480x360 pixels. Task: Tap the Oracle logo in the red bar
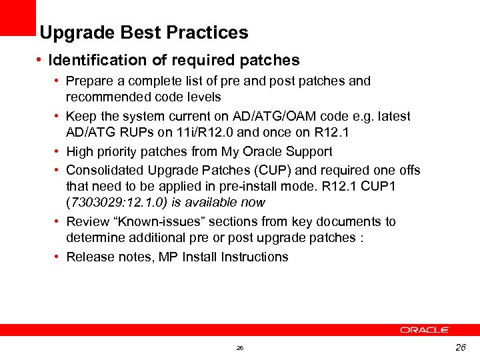tap(425, 329)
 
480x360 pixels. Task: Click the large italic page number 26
tap(460, 347)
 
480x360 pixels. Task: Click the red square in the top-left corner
tap(17, 17)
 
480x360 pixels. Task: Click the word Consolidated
tap(105, 170)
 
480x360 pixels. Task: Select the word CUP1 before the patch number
tap(381, 187)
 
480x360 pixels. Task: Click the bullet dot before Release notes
tap(57, 257)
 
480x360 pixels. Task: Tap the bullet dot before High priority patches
tap(57, 151)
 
